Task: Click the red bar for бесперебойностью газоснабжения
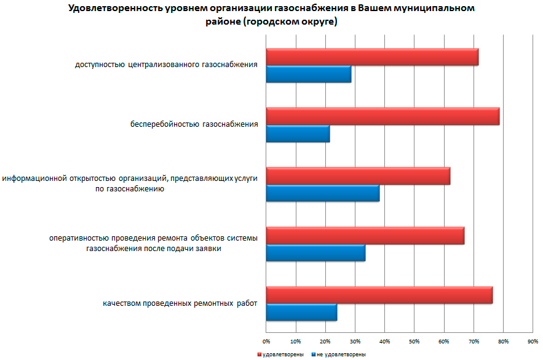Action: tap(382, 116)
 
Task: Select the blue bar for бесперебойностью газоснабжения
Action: tap(298, 134)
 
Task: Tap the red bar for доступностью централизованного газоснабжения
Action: tap(372, 57)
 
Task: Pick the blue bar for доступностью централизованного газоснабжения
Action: tap(309, 74)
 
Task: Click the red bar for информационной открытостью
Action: tap(358, 176)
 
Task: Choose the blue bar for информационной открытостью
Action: tap(323, 193)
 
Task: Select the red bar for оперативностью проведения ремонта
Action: tap(365, 236)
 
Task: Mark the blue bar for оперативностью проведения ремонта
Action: tap(315, 253)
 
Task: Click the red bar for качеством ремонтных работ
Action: tap(379, 295)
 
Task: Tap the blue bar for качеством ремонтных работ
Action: tap(301, 313)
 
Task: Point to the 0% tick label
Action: tap(266, 340)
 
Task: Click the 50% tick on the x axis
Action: tap(414, 340)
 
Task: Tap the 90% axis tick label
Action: tap(533, 340)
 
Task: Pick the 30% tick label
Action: tap(355, 340)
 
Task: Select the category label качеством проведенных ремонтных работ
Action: tap(180, 304)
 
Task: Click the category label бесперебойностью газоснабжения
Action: tap(194, 125)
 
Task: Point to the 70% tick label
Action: tap(474, 340)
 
